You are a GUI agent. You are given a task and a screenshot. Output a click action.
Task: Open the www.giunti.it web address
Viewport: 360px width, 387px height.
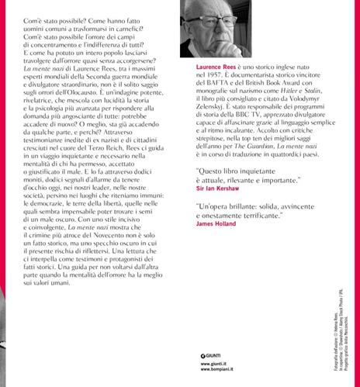210,366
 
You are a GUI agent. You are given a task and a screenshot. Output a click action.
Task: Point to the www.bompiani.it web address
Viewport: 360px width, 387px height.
214,373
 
